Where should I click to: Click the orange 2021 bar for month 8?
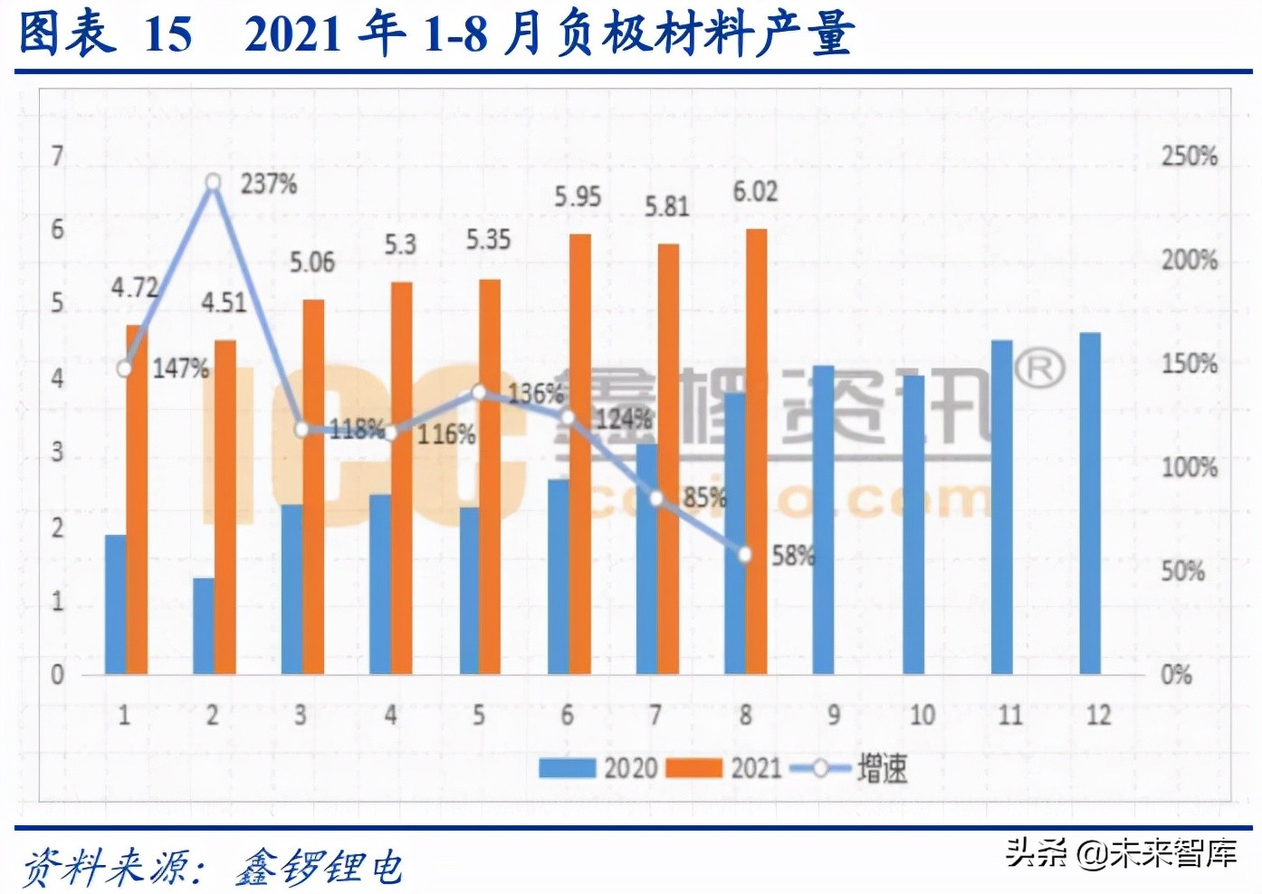(x=757, y=452)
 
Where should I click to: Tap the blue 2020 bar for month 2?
(x=204, y=625)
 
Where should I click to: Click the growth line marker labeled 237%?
(x=213, y=183)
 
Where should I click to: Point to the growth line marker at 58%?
(x=745, y=555)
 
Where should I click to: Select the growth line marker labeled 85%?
(x=656, y=499)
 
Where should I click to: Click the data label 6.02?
(x=755, y=192)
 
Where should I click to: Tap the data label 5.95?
(x=578, y=196)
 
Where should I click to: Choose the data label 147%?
(x=180, y=368)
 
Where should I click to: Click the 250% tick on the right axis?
(x=1190, y=156)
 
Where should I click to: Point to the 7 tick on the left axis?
(x=58, y=157)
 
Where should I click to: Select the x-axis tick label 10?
(x=922, y=715)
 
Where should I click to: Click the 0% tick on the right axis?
(x=1176, y=674)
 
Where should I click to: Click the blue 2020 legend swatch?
(x=567, y=768)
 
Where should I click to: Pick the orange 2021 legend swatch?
(x=693, y=768)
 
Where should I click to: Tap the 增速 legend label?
(x=882, y=768)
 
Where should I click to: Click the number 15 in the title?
(x=168, y=34)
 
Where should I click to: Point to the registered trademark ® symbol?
(x=1039, y=368)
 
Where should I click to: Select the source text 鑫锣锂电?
(x=320, y=867)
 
